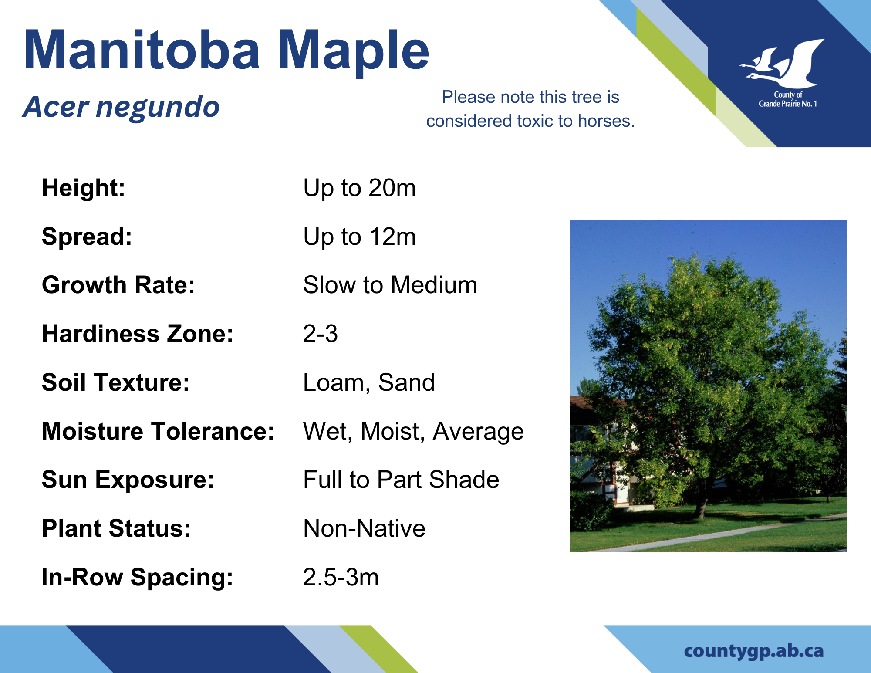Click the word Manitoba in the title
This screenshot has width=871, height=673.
point(142,49)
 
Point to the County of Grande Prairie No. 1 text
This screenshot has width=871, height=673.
point(788,99)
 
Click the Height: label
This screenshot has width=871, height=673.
point(84,188)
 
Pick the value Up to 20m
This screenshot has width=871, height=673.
point(359,188)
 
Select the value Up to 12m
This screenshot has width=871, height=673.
point(359,237)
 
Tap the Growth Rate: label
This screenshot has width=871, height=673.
point(118,285)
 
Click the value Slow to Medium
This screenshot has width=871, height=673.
point(390,285)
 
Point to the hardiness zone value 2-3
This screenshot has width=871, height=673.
point(321,334)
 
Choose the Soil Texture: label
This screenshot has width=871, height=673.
point(116,383)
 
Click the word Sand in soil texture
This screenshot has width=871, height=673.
point(406,383)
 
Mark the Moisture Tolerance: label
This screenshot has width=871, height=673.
point(158,432)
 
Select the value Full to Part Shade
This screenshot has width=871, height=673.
point(401,480)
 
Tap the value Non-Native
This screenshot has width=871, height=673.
point(364,529)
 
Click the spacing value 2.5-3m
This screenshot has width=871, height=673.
point(341,578)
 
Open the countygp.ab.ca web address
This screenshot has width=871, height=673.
point(754,651)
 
